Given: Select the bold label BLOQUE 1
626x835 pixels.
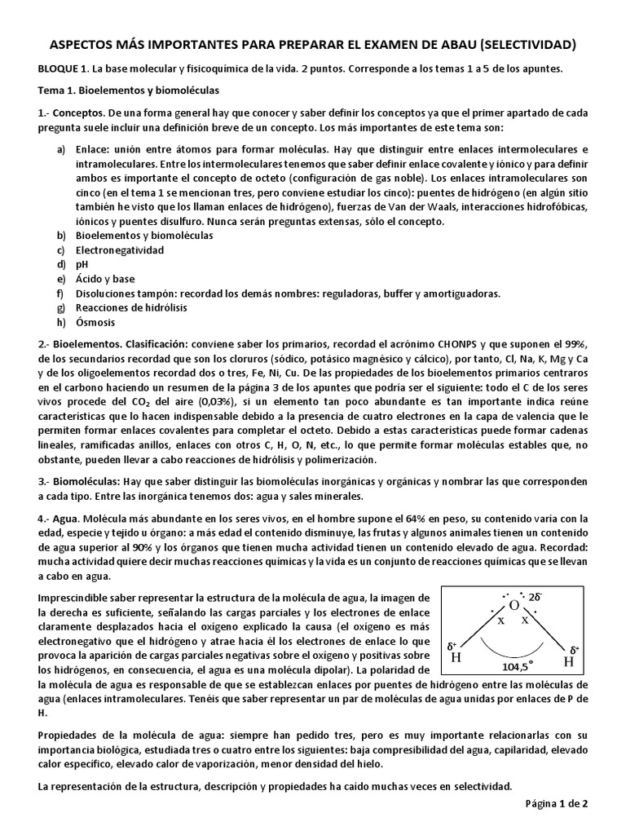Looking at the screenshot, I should [65, 69].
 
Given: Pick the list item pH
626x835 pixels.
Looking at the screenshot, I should [82, 265].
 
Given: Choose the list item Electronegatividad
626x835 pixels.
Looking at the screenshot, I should [120, 250].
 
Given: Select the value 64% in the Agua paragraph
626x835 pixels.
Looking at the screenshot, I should [404, 519].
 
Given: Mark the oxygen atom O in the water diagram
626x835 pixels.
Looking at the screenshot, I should [514, 605].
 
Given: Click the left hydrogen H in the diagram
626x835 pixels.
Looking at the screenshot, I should [456, 657].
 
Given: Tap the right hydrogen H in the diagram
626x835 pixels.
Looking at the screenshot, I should [569, 661].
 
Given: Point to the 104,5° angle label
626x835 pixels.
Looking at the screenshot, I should [518, 666].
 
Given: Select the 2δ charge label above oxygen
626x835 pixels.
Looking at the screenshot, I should [536, 596].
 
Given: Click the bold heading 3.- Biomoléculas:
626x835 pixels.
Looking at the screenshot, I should [80, 482].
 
